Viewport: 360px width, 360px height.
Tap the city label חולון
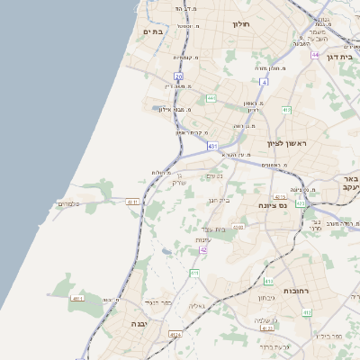pyautogui.click(x=240, y=24)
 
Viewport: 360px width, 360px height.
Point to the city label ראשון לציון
pyautogui.click(x=287, y=143)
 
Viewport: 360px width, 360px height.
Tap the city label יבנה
pyautogui.click(x=139, y=323)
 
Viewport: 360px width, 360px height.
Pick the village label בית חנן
pyautogui.click(x=220, y=200)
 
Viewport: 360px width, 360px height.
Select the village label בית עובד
pyautogui.click(x=213, y=229)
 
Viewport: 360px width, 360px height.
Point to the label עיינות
pyautogui.click(x=202, y=240)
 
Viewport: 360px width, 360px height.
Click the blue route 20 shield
pyautogui.click(x=179, y=76)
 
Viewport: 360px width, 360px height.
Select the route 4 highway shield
pyautogui.click(x=265, y=82)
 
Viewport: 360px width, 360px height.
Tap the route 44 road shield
pyautogui.click(x=316, y=55)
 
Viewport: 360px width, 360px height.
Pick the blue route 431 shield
pyautogui.click(x=212, y=145)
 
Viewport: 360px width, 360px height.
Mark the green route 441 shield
pyautogui.click(x=211, y=97)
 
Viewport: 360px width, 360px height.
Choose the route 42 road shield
pyautogui.click(x=203, y=249)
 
